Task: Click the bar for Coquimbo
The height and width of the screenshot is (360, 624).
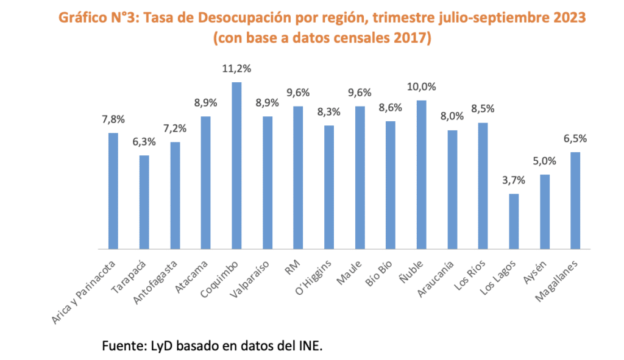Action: [x=236, y=166]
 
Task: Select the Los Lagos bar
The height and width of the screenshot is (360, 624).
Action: [x=514, y=221]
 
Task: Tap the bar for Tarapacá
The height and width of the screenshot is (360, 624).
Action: [x=144, y=202]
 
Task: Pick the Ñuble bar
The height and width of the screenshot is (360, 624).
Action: [x=421, y=175]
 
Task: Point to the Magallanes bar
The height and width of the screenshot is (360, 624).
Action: [x=575, y=200]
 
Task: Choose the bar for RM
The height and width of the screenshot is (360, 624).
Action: [x=298, y=178]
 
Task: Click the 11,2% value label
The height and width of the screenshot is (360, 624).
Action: [x=236, y=69]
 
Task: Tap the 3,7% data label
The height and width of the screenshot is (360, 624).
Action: [x=514, y=181]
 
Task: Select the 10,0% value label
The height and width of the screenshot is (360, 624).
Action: [x=421, y=87]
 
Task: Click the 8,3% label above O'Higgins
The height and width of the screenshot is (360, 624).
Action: [x=329, y=112]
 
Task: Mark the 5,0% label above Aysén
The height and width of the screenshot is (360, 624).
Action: [x=545, y=161]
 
